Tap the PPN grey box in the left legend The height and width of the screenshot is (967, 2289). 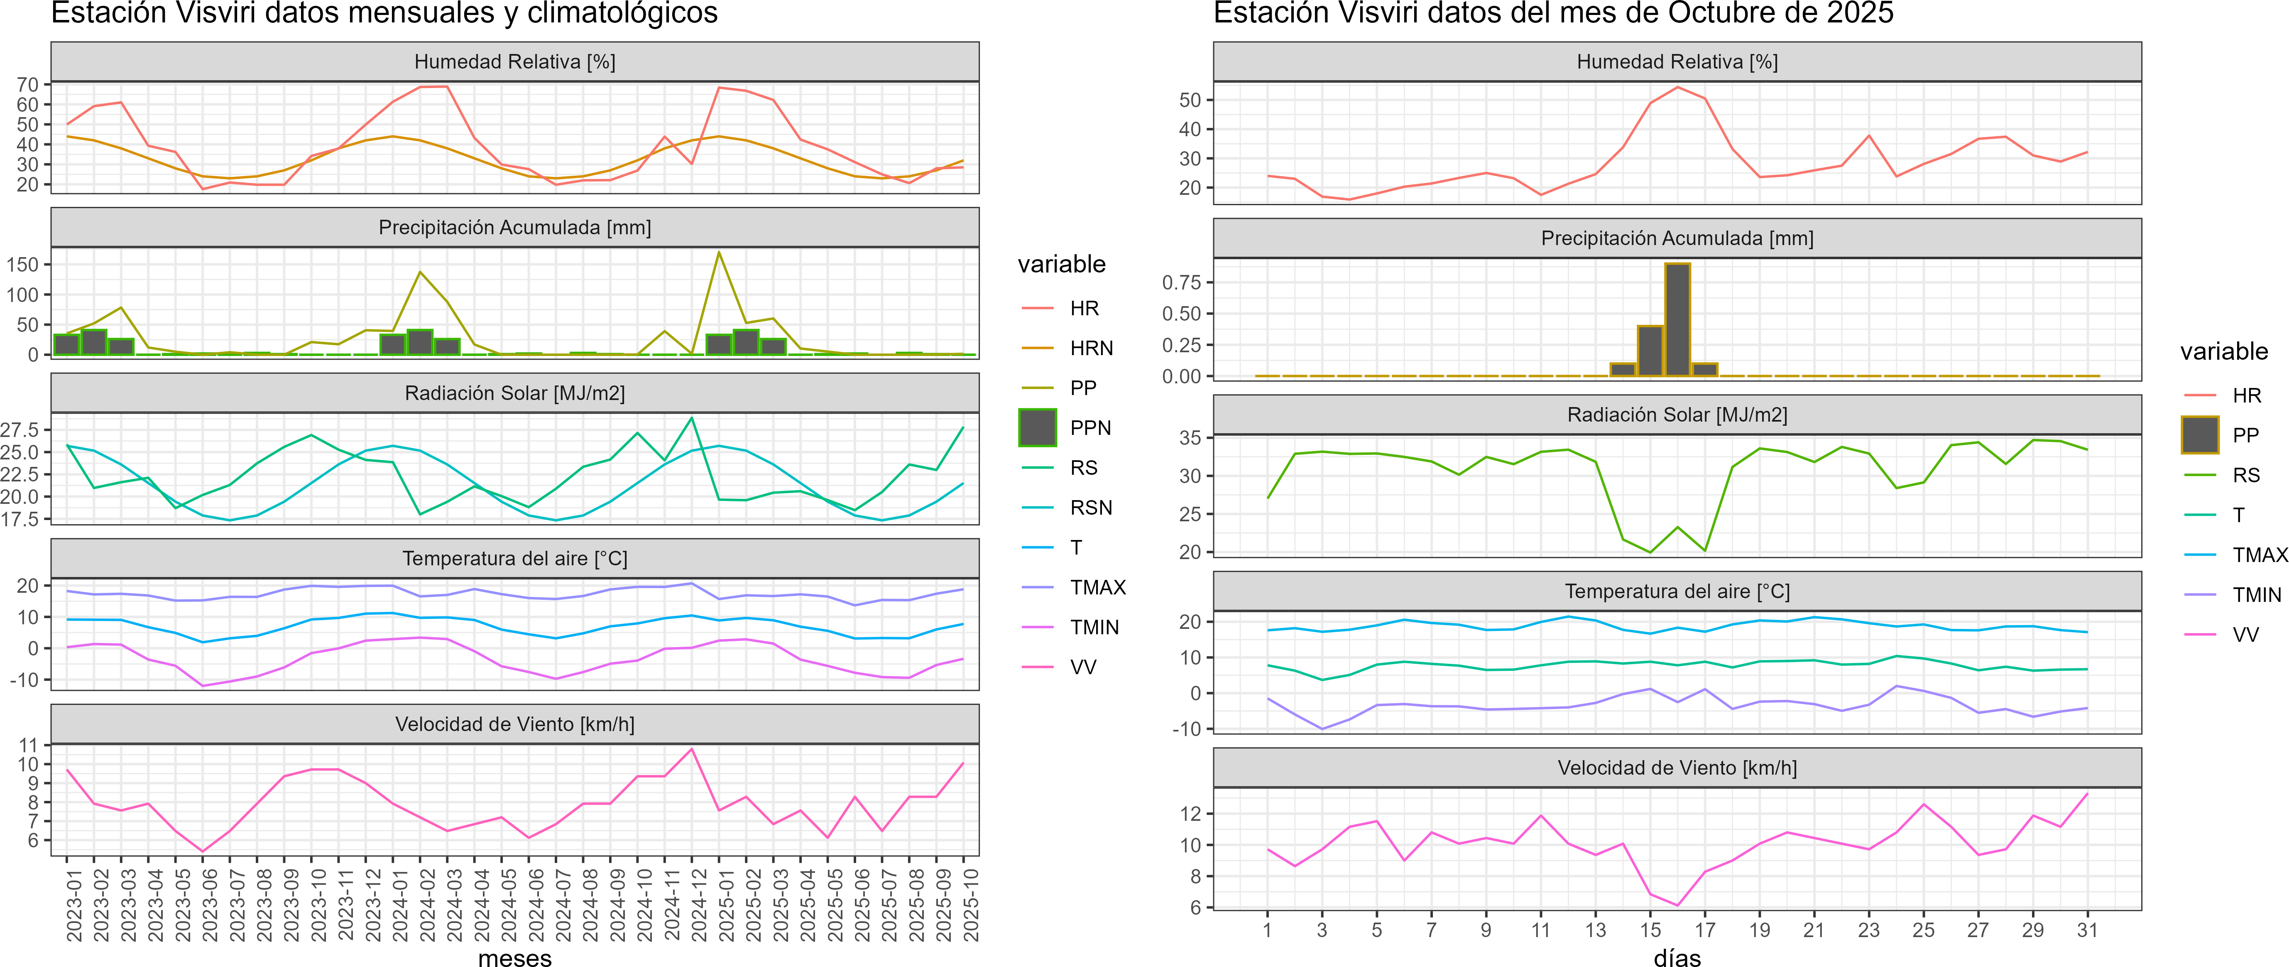(x=1037, y=427)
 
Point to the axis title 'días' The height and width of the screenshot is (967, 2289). (x=1677, y=957)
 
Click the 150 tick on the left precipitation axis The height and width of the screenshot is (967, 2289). (x=22, y=265)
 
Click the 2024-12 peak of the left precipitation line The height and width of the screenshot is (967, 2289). (x=719, y=253)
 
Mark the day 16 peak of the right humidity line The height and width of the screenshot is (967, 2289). (x=1677, y=87)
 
